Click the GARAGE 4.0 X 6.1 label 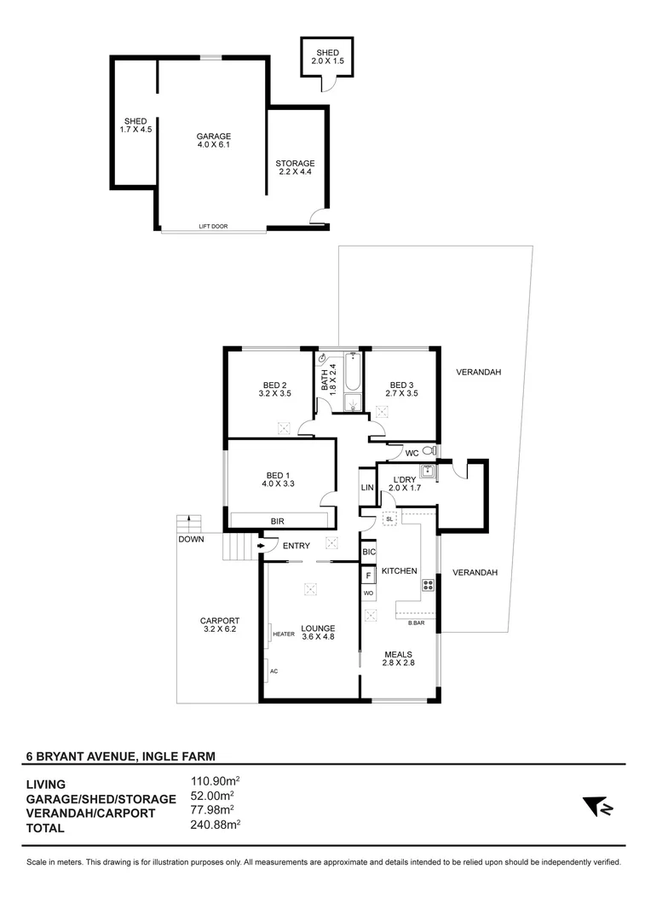pyautogui.click(x=214, y=141)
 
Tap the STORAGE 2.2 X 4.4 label pyautogui.click(x=295, y=168)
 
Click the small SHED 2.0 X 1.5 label pyautogui.click(x=327, y=57)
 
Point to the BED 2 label pyautogui.click(x=274, y=390)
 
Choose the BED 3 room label pyautogui.click(x=400, y=390)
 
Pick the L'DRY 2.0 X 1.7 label pyautogui.click(x=405, y=484)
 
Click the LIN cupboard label pyautogui.click(x=367, y=488)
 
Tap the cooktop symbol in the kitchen pyautogui.click(x=428, y=585)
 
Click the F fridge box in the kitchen pyautogui.click(x=368, y=576)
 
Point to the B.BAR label pyautogui.click(x=417, y=623)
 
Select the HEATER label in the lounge pyautogui.click(x=283, y=634)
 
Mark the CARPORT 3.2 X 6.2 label pyautogui.click(x=220, y=625)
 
